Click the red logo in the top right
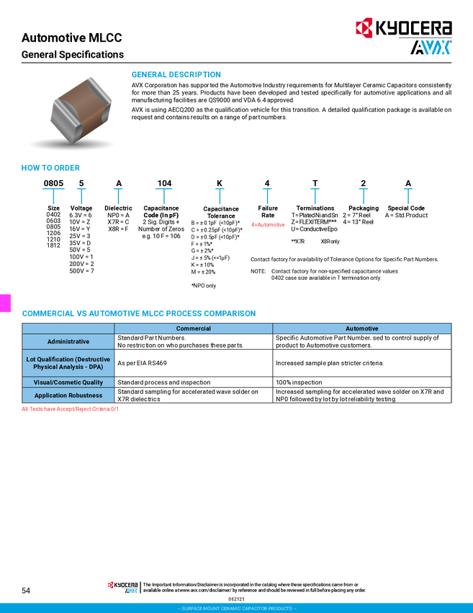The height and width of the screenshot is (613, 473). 364,28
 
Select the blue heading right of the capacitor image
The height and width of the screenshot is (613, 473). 176,75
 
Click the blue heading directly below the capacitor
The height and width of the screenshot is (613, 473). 50,169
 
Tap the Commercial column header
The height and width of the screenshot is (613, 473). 193,329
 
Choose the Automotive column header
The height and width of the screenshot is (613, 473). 361,329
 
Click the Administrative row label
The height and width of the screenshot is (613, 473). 68,341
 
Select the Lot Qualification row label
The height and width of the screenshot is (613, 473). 68,363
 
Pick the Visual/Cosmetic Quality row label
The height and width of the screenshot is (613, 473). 68,382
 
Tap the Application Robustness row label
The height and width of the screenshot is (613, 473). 68,395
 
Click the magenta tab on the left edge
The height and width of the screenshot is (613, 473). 6,303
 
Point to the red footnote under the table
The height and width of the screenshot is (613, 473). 70,409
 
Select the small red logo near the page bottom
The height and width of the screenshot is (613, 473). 110,585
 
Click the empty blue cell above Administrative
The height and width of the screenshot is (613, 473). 68,329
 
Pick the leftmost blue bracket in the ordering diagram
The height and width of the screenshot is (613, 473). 53,194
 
